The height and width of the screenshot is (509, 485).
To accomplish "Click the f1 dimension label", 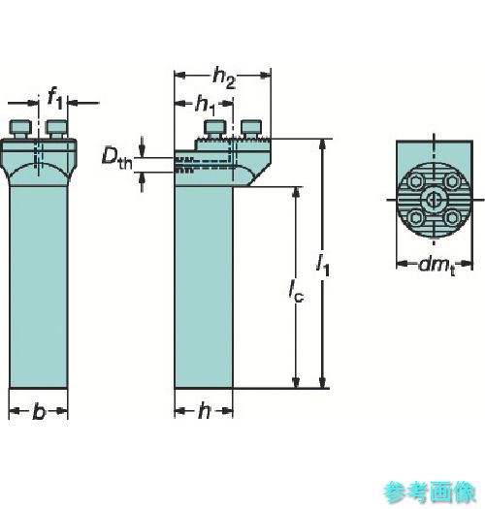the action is (x=54, y=98).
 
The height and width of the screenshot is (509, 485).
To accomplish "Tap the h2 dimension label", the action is (x=224, y=79).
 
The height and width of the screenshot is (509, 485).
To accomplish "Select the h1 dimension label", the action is (x=206, y=106).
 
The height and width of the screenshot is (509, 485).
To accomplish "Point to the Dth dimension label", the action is (x=117, y=158).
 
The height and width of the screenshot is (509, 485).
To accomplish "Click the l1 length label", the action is (x=323, y=265).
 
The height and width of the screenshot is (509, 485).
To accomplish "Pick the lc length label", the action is (x=296, y=290).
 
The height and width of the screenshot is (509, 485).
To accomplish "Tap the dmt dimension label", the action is (x=436, y=266).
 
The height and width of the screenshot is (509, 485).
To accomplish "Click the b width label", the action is (x=39, y=411).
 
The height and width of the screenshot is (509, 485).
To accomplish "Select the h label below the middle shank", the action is (x=204, y=411).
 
